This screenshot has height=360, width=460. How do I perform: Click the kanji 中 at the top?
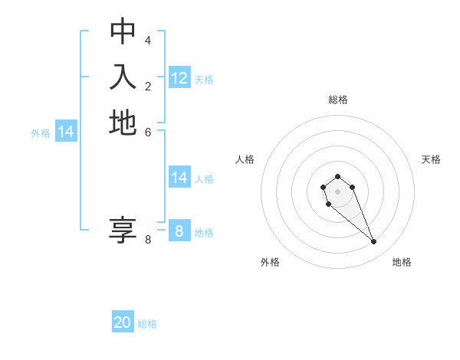click(123, 31)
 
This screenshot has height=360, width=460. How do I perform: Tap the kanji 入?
click(123, 77)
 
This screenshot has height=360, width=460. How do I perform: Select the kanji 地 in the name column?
click(123, 123)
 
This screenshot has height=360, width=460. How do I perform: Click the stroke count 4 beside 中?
click(148, 40)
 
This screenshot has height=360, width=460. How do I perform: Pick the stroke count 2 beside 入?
click(148, 86)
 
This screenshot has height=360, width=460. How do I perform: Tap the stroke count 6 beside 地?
click(148, 132)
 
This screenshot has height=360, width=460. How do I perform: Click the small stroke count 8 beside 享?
click(148, 240)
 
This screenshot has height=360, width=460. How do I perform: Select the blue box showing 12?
click(179, 78)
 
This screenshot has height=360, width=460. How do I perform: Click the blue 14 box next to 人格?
click(179, 178)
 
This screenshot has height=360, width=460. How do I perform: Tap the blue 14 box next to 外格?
click(66, 132)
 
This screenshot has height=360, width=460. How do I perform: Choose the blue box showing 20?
click(123, 322)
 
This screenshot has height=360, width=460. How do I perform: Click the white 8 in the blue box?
click(179, 231)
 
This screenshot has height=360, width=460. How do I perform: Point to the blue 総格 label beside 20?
click(147, 324)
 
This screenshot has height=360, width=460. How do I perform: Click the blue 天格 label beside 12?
click(204, 80)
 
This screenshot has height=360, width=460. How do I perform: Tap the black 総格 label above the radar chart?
click(338, 100)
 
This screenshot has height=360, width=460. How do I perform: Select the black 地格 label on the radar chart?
click(402, 262)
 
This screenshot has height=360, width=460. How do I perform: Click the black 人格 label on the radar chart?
click(245, 159)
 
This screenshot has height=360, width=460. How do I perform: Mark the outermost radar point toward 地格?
click(373, 242)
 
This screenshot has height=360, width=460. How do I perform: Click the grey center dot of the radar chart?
click(337, 191)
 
